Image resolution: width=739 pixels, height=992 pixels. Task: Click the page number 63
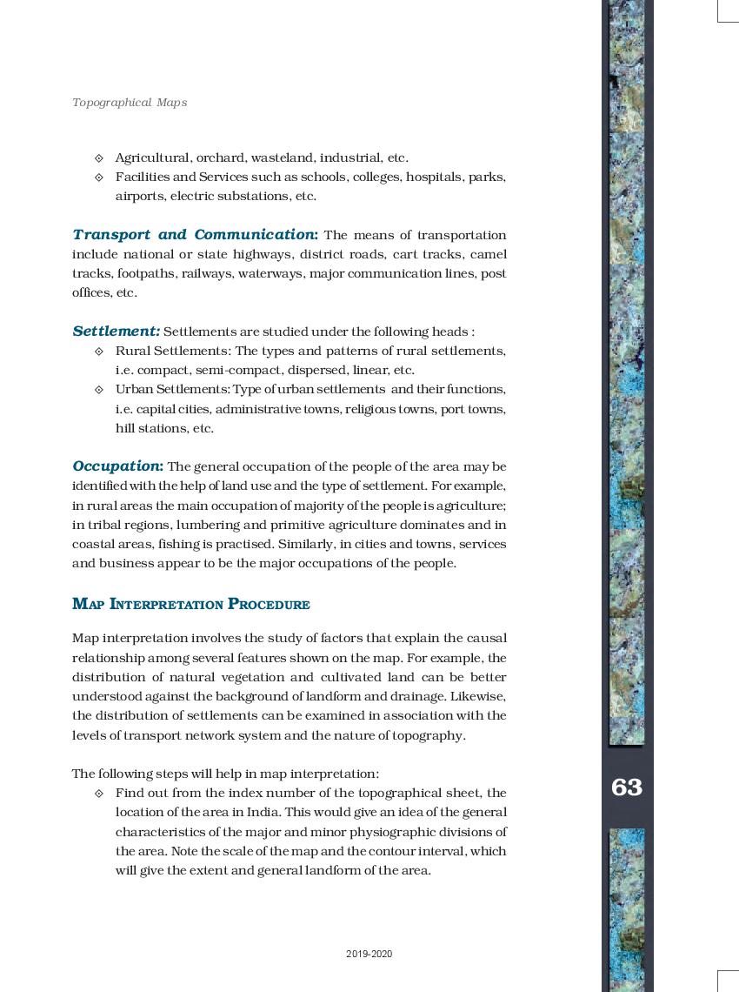[x=626, y=788]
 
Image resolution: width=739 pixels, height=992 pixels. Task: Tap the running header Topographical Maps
[x=130, y=103]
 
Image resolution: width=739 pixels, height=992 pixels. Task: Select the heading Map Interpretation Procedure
[x=191, y=604]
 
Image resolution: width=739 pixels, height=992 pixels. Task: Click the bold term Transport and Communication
[x=195, y=235]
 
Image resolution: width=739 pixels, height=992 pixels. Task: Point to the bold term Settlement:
[x=116, y=332]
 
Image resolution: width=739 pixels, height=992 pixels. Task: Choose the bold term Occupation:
[x=117, y=466]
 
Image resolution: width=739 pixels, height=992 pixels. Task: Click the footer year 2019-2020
[x=369, y=954]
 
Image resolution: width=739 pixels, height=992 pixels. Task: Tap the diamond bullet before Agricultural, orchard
[x=98, y=158]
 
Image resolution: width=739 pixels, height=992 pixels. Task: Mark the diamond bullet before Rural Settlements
[x=98, y=352]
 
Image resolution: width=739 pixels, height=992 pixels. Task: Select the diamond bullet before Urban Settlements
[x=98, y=390]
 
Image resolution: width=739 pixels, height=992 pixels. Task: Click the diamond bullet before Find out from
[x=98, y=794]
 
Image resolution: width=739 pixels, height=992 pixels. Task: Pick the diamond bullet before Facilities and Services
[x=98, y=178]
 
